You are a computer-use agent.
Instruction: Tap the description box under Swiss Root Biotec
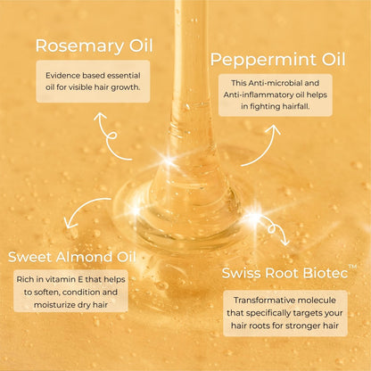284,313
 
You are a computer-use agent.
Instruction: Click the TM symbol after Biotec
353,267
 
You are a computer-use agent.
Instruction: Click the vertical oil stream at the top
190,54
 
